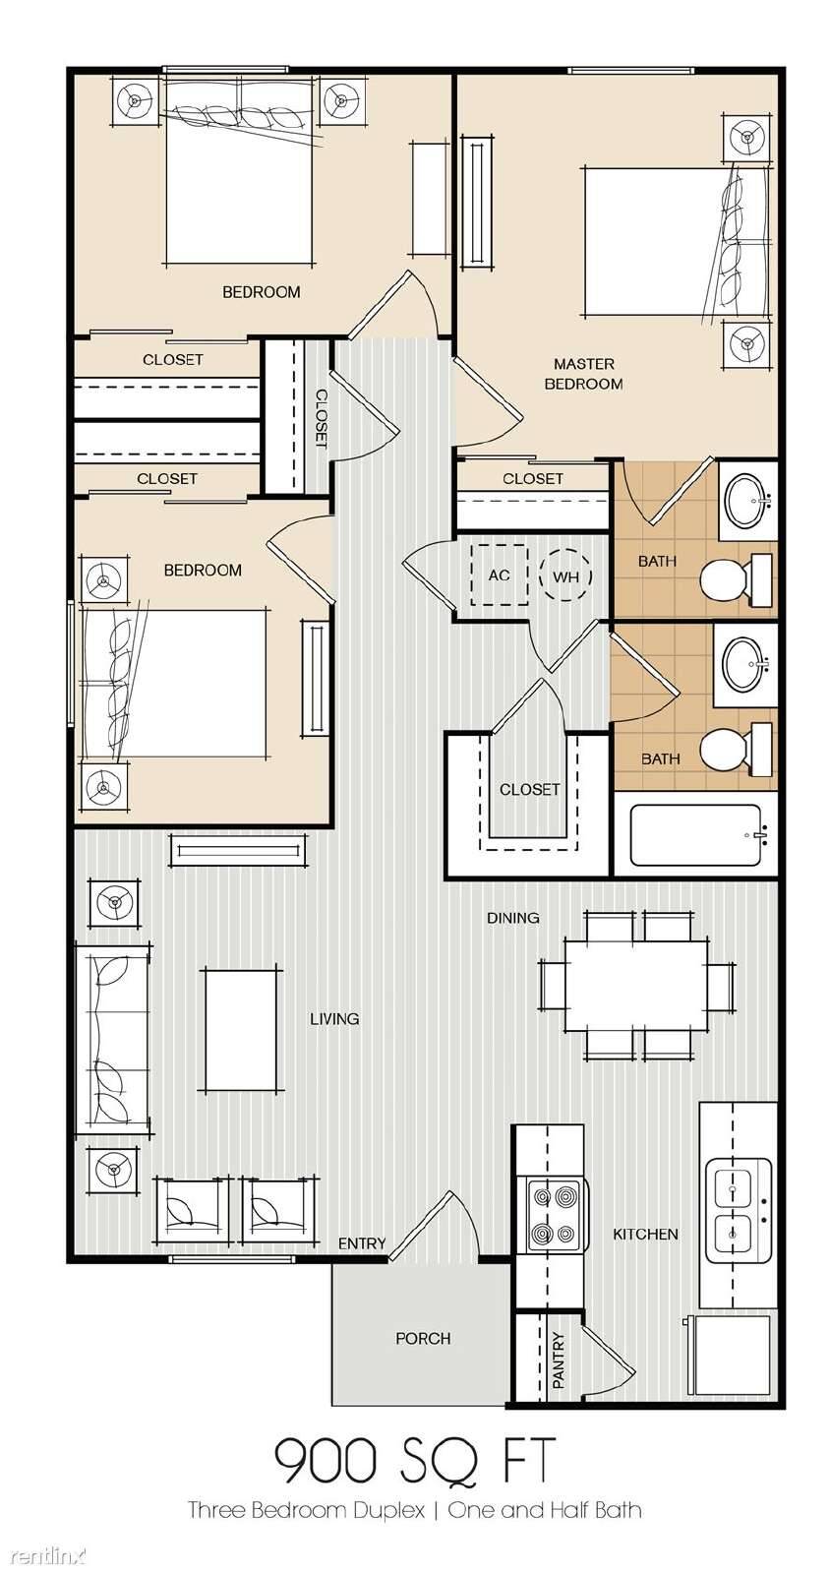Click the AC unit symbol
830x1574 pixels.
click(499, 575)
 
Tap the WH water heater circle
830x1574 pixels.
click(565, 575)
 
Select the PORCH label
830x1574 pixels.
click(423, 1339)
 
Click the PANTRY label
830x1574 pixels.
click(559, 1362)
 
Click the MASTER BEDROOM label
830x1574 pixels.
click(583, 374)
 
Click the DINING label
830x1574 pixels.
click(513, 918)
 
